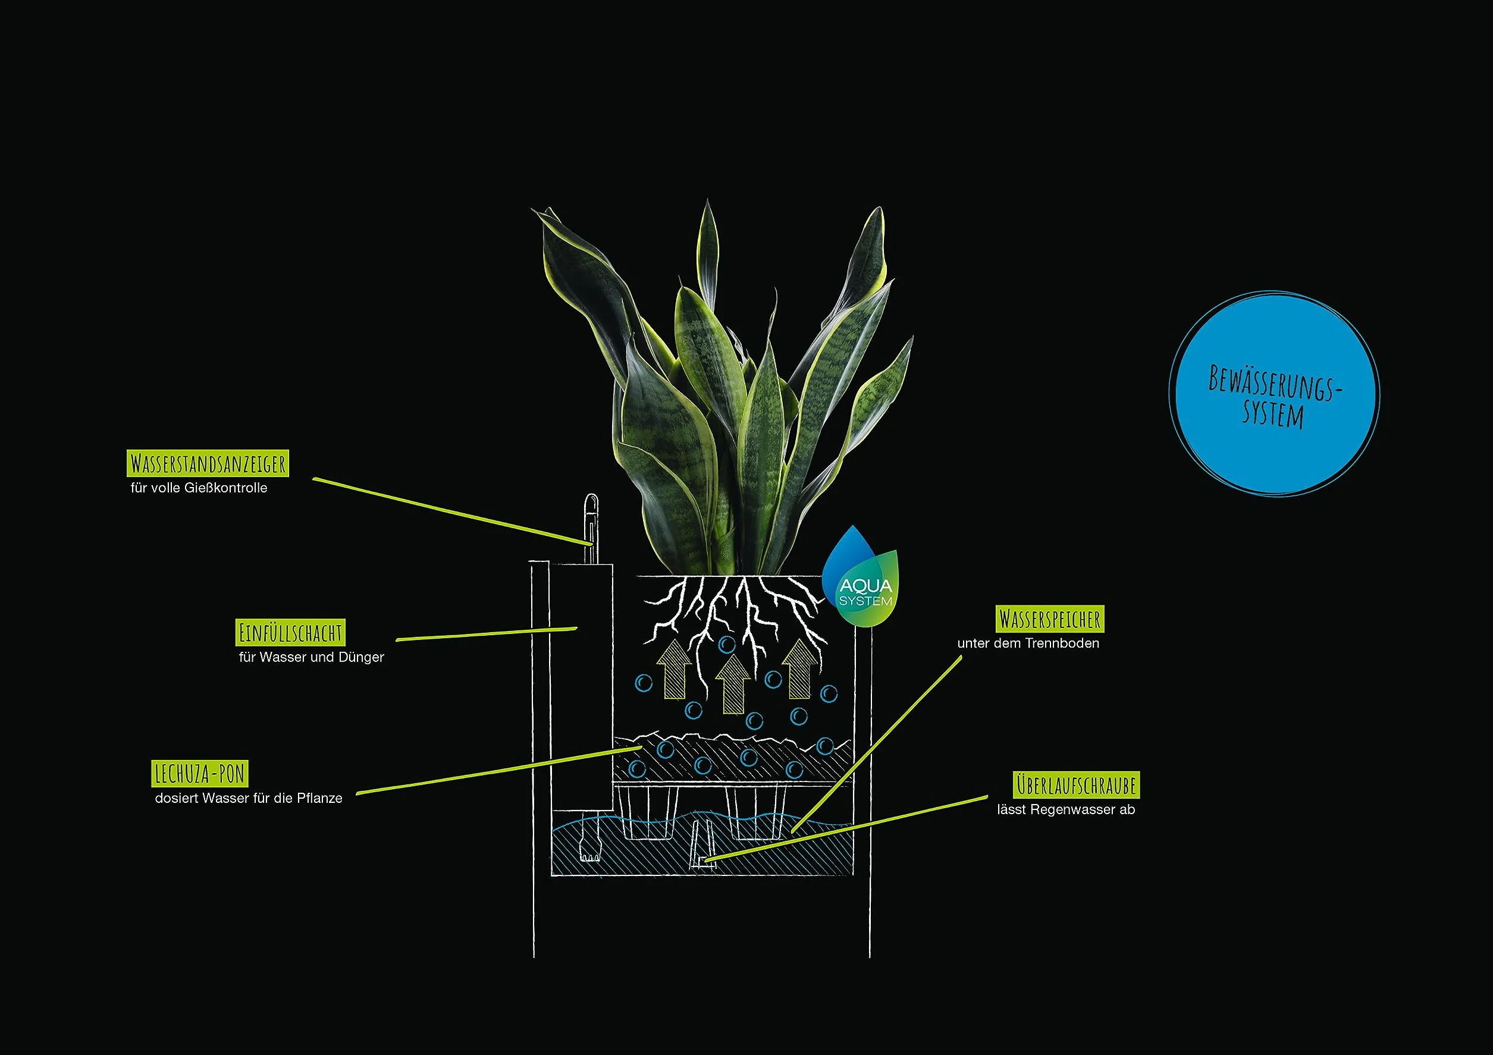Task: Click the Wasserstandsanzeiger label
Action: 208,463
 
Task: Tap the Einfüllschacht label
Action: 290,632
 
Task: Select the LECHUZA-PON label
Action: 200,773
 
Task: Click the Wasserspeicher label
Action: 1049,619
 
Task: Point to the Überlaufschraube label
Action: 1075,784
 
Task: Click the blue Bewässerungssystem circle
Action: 1274,393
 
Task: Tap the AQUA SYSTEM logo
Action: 860,577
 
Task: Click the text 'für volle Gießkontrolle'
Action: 199,488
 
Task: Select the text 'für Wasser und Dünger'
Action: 312,657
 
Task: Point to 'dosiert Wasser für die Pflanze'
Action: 249,798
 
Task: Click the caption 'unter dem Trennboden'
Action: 1028,643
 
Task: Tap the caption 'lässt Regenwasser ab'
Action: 1067,809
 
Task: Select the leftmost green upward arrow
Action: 675,670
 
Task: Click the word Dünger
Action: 362,657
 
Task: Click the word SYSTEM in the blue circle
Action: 1273,414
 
